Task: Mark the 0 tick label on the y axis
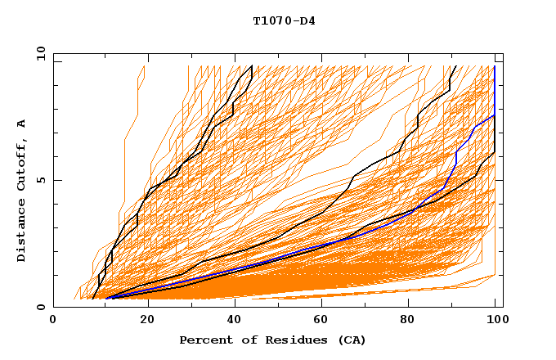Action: coord(40,308)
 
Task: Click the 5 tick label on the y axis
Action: coord(40,181)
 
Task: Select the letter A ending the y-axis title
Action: coord(22,123)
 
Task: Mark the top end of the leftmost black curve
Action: coord(252,66)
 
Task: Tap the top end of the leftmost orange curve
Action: coord(144,66)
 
